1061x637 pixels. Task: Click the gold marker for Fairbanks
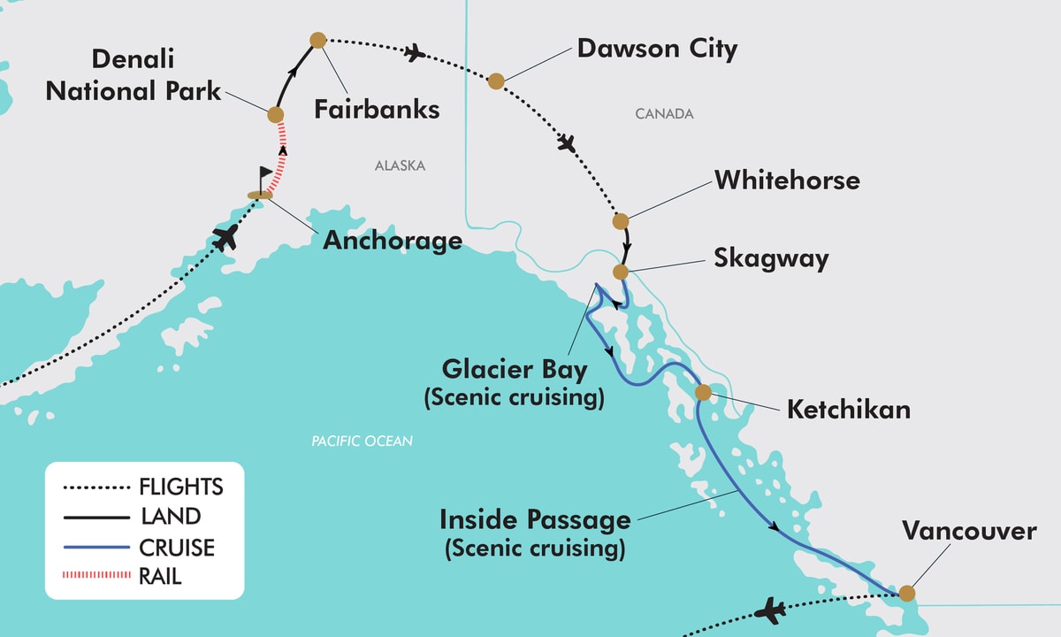(318, 40)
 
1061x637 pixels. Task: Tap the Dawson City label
(657, 49)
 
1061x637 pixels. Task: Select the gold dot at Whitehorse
(621, 221)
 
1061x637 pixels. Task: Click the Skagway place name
(771, 258)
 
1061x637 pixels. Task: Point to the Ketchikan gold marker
(703, 392)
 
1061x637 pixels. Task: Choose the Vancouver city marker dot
(907, 593)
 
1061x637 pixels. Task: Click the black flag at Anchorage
(265, 176)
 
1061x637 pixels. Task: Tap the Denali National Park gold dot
(275, 115)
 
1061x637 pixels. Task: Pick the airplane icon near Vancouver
(772, 610)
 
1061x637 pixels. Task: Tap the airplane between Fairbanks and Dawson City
(414, 53)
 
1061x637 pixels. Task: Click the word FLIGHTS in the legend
(181, 487)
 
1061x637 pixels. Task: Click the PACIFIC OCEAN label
(362, 440)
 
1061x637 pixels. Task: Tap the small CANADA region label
(664, 114)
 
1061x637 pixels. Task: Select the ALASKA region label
(400, 165)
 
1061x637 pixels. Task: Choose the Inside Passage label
(535, 518)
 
